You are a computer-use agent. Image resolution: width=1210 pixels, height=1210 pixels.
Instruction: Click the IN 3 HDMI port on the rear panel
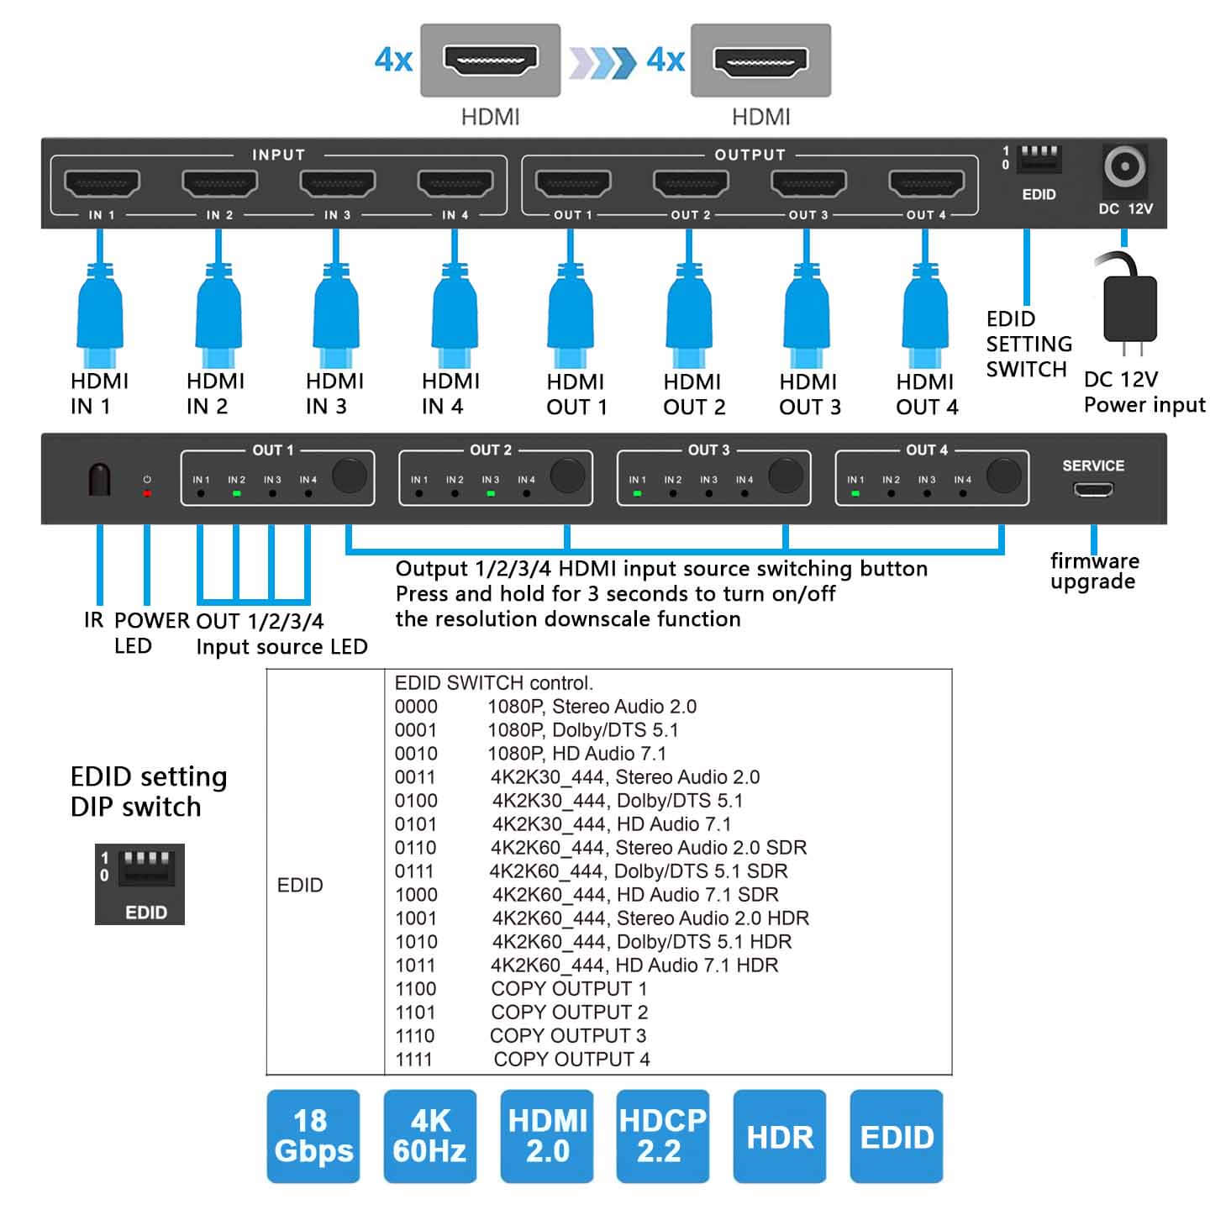tap(337, 183)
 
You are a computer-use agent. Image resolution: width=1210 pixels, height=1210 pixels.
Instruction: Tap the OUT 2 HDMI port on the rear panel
tap(691, 183)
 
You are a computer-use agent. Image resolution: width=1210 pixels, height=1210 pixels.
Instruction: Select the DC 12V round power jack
tap(1124, 168)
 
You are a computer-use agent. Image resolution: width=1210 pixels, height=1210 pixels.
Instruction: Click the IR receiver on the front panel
tap(99, 480)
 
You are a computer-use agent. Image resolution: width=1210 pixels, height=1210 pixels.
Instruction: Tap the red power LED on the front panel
tap(147, 493)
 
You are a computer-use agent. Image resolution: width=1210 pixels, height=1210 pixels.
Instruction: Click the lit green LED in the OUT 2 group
tap(491, 493)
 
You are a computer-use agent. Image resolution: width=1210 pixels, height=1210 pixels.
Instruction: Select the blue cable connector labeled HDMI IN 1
tap(100, 307)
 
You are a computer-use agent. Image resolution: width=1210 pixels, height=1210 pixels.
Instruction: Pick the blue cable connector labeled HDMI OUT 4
tap(925, 307)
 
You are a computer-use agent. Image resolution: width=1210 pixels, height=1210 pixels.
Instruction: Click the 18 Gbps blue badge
tap(313, 1136)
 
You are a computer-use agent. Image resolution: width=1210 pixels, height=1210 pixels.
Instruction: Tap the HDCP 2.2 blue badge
tap(662, 1136)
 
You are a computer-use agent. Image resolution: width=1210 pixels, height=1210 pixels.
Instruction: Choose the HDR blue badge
tap(779, 1136)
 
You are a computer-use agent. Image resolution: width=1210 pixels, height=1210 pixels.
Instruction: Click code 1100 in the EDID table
tap(416, 989)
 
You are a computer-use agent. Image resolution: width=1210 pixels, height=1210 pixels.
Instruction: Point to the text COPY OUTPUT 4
tap(571, 1060)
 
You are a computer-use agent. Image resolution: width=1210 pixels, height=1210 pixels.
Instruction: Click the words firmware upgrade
tap(1094, 571)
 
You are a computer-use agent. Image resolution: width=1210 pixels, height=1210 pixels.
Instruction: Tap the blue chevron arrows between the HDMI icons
tap(602, 62)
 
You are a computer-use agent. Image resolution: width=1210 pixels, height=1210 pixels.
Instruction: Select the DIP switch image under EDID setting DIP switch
tap(139, 884)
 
